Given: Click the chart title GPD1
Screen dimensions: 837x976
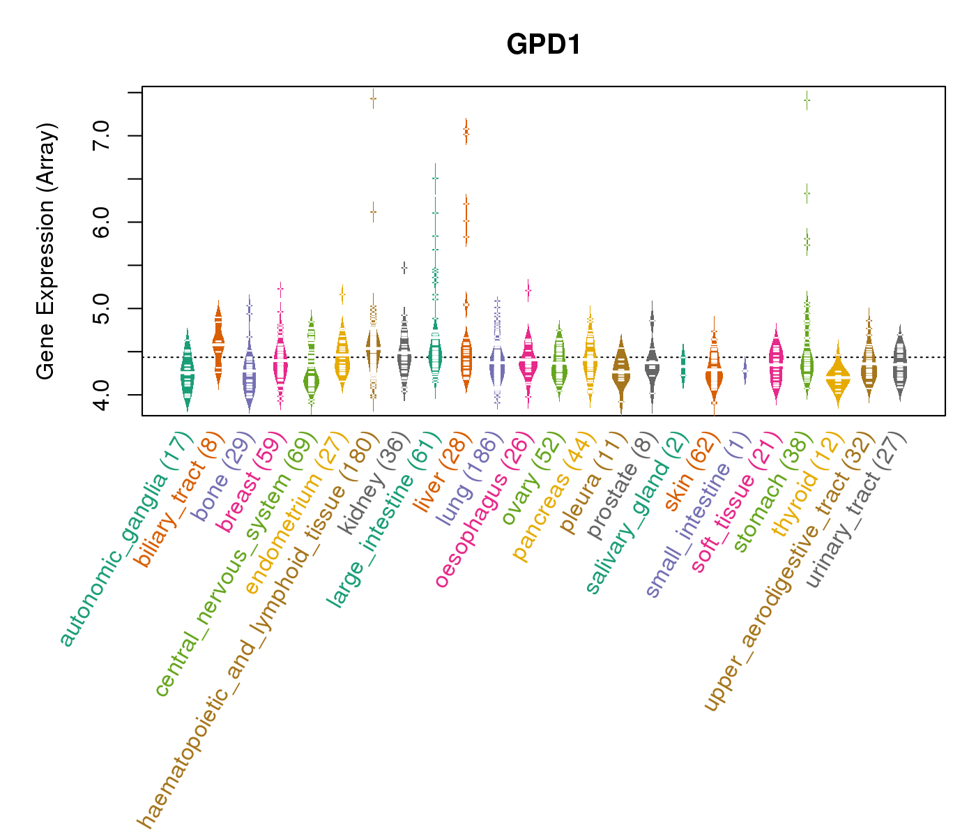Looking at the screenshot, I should (x=544, y=45).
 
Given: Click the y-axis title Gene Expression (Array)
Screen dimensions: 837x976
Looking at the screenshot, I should (x=45, y=251).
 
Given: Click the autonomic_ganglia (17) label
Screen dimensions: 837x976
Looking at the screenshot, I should (x=125, y=541).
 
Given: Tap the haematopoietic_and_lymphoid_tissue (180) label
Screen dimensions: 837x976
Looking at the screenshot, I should (x=258, y=631).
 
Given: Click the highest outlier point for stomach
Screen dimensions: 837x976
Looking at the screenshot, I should (x=807, y=100).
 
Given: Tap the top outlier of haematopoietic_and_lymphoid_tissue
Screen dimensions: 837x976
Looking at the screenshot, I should (x=373, y=98).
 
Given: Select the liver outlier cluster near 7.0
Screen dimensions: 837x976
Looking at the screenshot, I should (x=466, y=131).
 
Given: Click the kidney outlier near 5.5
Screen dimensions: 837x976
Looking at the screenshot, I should (x=404, y=268).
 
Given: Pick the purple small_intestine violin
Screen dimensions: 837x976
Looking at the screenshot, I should (x=745, y=370).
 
